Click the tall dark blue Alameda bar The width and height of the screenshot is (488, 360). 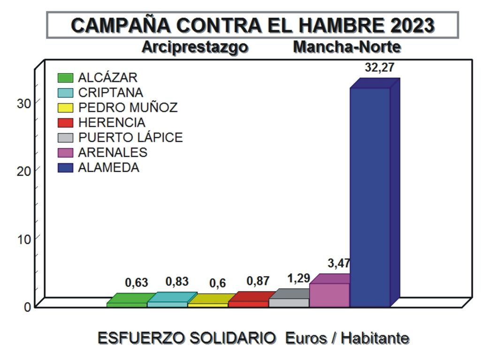tap(370, 197)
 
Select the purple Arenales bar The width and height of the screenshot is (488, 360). tap(329, 295)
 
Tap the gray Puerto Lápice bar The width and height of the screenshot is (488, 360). tap(289, 302)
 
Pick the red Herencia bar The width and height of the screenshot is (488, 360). tap(248, 304)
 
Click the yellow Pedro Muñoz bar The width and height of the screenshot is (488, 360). tap(208, 304)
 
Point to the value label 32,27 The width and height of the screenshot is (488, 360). tap(379, 67)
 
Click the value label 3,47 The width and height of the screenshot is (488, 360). tap(338, 263)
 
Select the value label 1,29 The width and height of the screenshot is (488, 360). tap(298, 278)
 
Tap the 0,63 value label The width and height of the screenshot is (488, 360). tap(136, 283)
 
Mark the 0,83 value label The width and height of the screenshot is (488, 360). tap(177, 282)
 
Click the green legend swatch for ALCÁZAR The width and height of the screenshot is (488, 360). tap(65, 78)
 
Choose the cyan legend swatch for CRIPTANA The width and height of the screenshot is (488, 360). tap(65, 93)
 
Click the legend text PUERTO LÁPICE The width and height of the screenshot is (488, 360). tap(130, 137)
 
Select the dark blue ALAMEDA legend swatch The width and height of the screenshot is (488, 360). tap(65, 168)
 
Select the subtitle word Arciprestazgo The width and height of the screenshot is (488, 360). tap(195, 47)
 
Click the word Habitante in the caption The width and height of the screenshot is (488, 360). tap(374, 338)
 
